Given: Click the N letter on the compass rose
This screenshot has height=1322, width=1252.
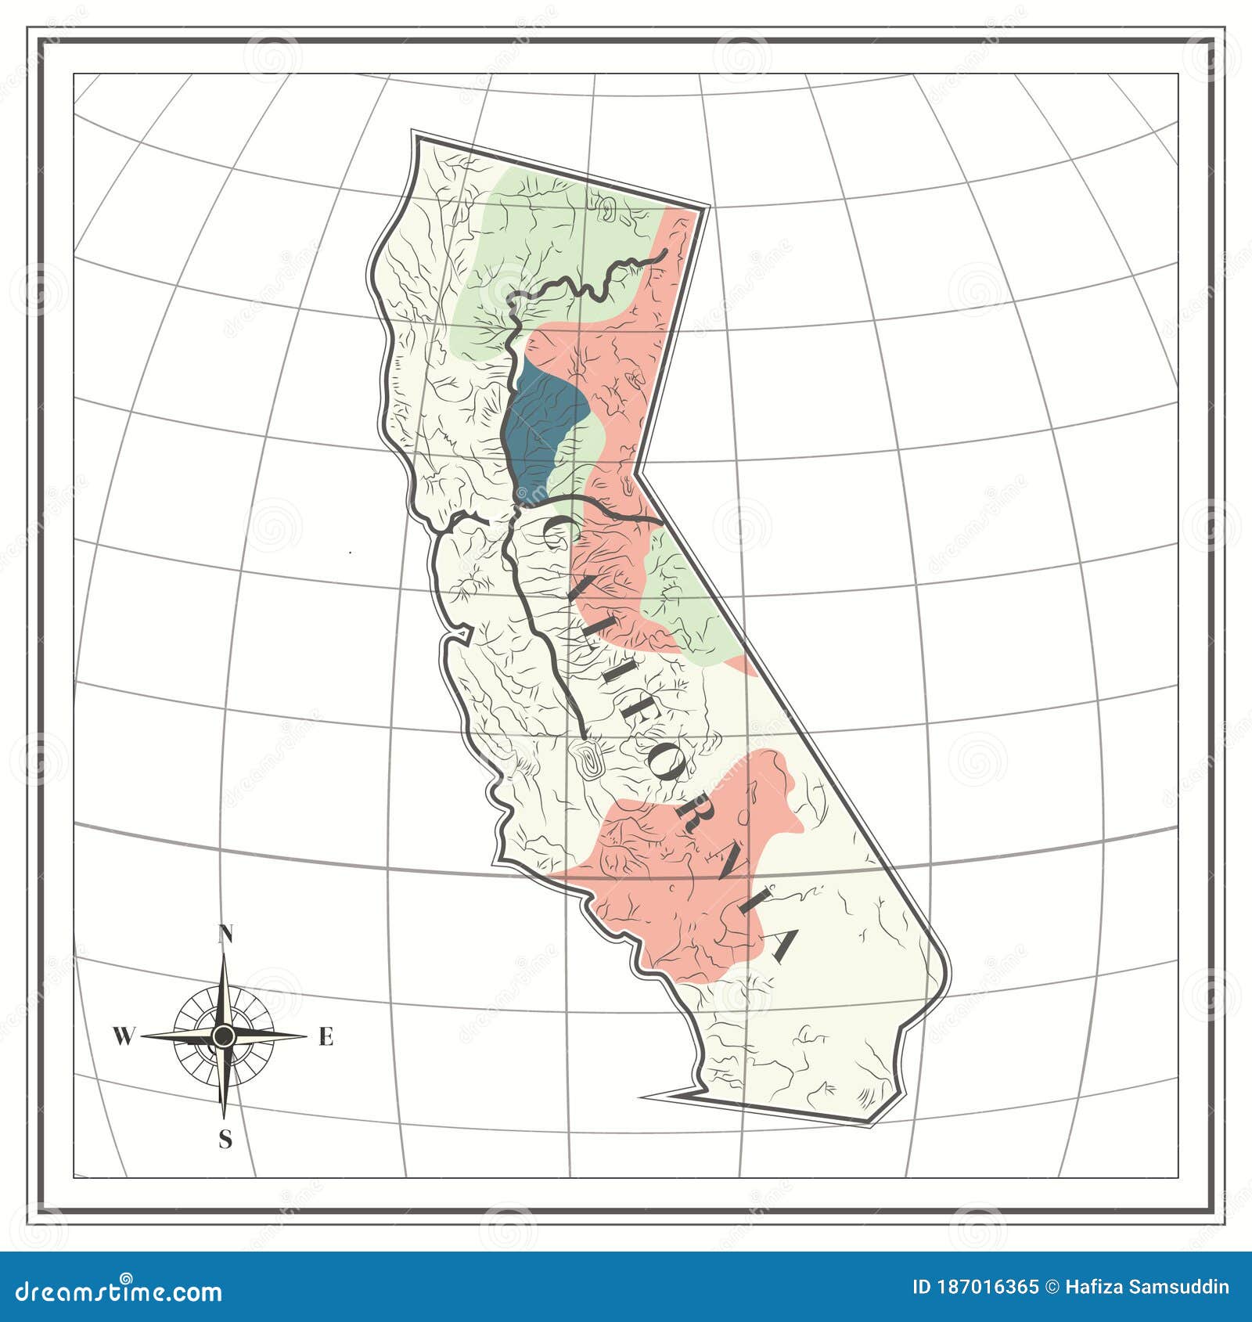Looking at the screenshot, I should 225,934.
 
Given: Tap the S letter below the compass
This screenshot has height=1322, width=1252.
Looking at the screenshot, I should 225,1140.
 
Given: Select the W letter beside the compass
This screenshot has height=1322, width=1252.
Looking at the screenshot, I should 123,1037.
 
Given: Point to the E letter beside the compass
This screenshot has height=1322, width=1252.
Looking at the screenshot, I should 326,1037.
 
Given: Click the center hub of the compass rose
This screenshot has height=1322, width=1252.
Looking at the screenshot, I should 224,1036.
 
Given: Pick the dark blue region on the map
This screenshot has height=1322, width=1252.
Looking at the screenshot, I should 540,430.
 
